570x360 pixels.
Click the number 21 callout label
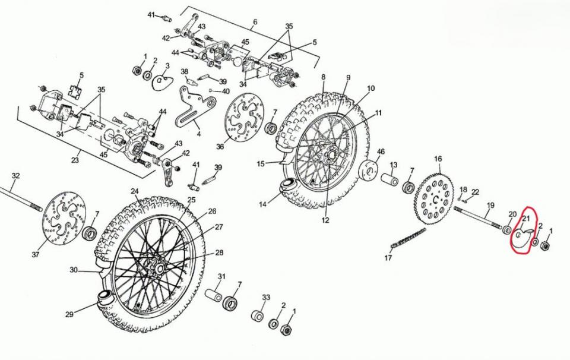pyautogui.click(x=525, y=219)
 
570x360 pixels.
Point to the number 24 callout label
pyautogui.click(x=135, y=191)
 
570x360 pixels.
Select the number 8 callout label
pyautogui.click(x=324, y=77)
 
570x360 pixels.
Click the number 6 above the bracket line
pyautogui.click(x=255, y=23)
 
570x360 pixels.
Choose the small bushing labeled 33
pyautogui.click(x=258, y=314)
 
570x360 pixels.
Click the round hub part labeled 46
pyautogui.click(x=370, y=169)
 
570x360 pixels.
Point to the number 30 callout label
pyautogui.click(x=74, y=270)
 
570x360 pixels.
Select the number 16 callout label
pyautogui.click(x=438, y=159)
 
